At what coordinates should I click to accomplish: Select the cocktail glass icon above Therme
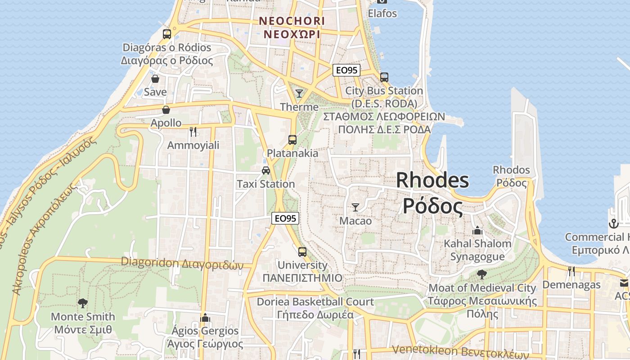click(299, 93)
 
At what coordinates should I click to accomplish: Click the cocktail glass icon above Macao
click(355, 207)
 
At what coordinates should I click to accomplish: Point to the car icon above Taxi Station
click(266, 170)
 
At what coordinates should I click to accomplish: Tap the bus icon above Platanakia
click(292, 139)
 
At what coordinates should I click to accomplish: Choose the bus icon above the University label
click(302, 252)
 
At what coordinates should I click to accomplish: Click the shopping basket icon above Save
click(155, 79)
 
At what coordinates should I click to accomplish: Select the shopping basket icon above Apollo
click(166, 109)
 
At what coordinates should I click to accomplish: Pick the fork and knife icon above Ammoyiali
click(193, 131)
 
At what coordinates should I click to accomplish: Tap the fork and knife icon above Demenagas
click(571, 271)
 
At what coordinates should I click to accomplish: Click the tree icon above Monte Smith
click(83, 303)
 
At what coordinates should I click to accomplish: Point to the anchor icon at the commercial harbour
click(613, 223)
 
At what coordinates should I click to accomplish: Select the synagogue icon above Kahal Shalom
click(477, 230)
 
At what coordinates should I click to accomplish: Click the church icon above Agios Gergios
click(205, 317)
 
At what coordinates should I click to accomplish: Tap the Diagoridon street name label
click(182, 263)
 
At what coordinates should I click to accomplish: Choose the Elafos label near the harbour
click(382, 13)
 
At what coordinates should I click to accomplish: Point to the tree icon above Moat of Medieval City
click(482, 274)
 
